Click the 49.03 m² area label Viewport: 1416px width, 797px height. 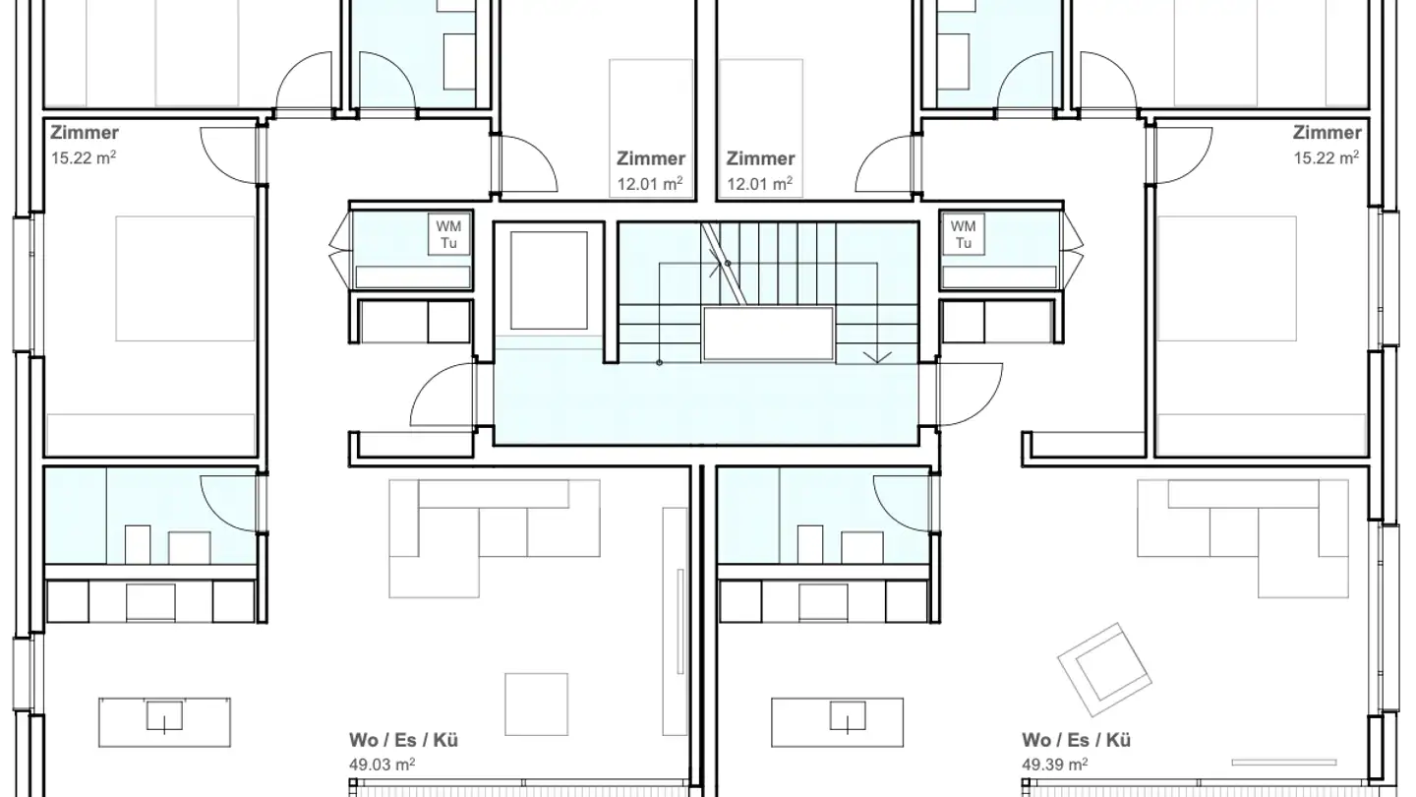[x=382, y=765]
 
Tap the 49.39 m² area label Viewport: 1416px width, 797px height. [x=1055, y=765]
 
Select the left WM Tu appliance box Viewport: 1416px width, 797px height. [x=448, y=234]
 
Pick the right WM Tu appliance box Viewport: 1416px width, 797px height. [x=964, y=234]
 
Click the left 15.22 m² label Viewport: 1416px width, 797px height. [x=84, y=157]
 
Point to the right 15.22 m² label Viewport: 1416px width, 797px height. [x=1327, y=157]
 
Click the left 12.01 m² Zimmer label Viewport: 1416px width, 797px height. [x=651, y=183]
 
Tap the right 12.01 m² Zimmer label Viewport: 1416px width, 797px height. [x=760, y=183]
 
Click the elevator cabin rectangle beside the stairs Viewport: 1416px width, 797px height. [x=549, y=280]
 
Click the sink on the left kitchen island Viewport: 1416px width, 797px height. [x=164, y=717]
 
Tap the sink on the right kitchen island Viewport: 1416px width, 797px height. [x=848, y=717]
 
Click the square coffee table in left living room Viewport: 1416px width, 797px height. [x=536, y=705]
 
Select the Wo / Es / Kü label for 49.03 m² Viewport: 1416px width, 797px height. [x=403, y=740]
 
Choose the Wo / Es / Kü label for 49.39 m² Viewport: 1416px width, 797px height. [x=1076, y=740]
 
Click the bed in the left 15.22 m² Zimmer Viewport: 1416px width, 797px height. [x=185, y=278]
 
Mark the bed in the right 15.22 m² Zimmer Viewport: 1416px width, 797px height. [x=1227, y=278]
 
